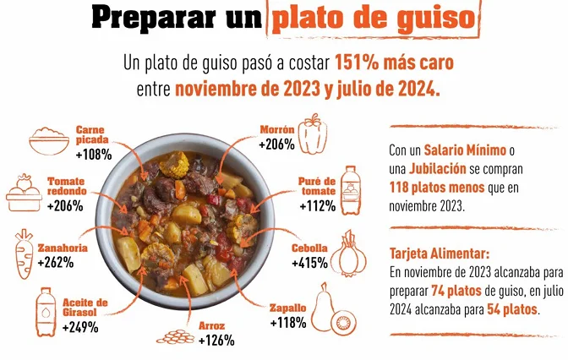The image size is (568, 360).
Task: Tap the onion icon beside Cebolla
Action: [352, 253]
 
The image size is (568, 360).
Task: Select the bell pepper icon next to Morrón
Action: [314, 133]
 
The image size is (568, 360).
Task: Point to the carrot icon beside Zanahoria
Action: [22, 253]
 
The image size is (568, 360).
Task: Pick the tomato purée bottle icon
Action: [349, 192]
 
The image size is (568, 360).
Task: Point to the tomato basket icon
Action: [25, 194]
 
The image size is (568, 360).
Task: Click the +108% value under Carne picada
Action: [94, 155]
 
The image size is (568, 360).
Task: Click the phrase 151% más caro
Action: [397, 63]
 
